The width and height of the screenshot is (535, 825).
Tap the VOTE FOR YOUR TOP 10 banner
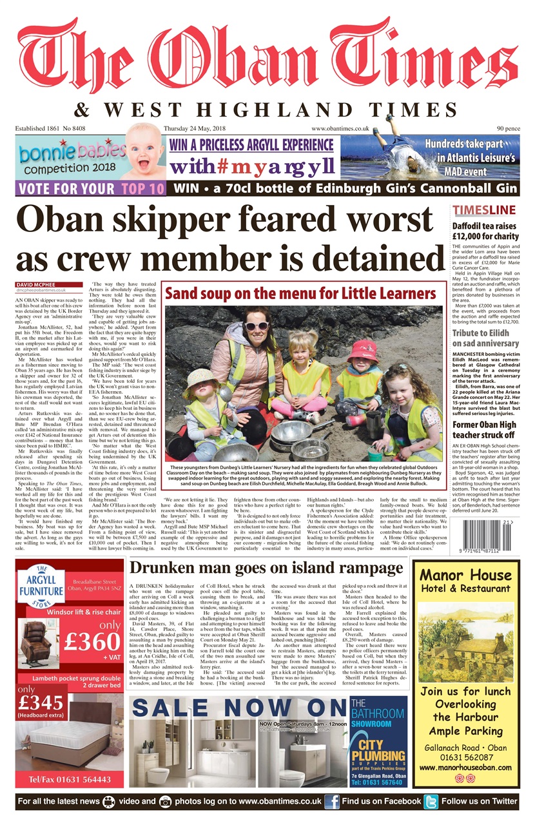(x=92, y=189)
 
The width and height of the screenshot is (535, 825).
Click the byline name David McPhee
(x=37, y=284)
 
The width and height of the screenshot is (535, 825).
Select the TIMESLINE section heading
(x=483, y=210)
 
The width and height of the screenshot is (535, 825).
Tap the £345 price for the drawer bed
(x=40, y=702)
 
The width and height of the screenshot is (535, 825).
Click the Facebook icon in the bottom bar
(x=332, y=801)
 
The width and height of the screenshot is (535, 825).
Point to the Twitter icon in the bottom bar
(x=431, y=801)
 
